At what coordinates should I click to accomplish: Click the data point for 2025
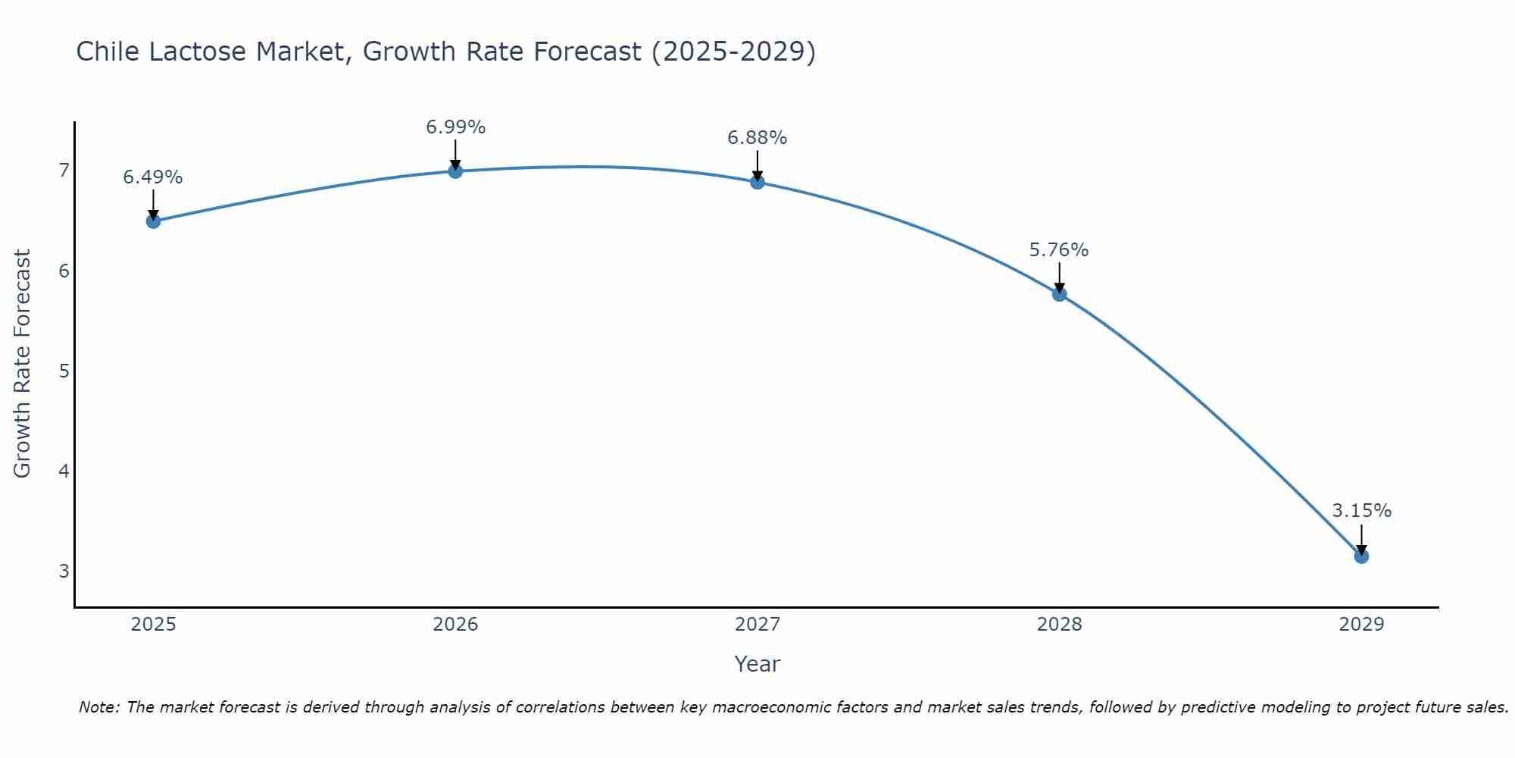153,221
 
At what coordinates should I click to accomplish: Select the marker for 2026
455,171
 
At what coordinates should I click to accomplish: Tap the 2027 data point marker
757,182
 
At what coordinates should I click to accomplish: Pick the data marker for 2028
1060,294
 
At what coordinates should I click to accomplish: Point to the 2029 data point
1361,556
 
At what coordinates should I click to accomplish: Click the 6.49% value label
153,177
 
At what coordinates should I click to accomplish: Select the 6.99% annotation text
455,127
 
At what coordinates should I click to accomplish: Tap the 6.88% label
757,138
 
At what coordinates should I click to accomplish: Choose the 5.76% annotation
1059,250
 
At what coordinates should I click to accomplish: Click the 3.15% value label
1361,511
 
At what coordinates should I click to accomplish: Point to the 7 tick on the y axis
64,171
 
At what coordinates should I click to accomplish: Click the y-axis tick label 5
64,371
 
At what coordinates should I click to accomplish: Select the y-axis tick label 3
64,571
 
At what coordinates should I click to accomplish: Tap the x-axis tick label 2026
455,625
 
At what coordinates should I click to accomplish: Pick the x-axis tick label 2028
1060,625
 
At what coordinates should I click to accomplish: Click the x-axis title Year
757,664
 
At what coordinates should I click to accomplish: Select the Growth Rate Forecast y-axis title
23,364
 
